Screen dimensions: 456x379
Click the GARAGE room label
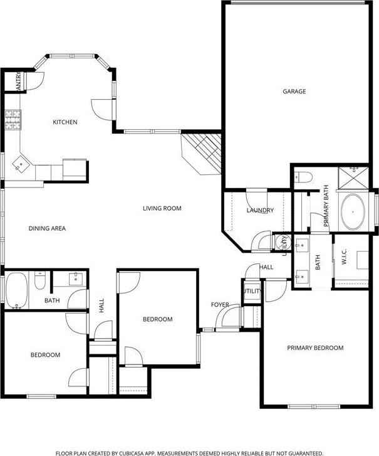294,92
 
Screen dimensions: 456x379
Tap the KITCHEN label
65,122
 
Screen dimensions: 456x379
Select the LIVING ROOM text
162,208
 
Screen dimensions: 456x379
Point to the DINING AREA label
47,228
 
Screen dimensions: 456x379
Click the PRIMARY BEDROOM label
316,347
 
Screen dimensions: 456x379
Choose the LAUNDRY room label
259,211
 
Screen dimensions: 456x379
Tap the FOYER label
219,305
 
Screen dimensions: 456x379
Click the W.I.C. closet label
345,259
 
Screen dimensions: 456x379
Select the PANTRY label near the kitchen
19,81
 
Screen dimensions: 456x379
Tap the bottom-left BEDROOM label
45,355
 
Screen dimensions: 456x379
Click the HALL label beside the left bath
101,305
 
